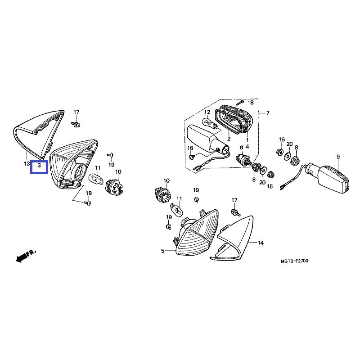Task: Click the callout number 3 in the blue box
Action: pos(39,166)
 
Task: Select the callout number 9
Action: pos(337,156)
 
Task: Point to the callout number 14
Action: pos(261,243)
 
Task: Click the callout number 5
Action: pos(163,251)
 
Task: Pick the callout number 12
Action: pos(207,112)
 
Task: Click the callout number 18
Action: pos(251,103)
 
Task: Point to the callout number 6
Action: pos(241,148)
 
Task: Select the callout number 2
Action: pos(229,139)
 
